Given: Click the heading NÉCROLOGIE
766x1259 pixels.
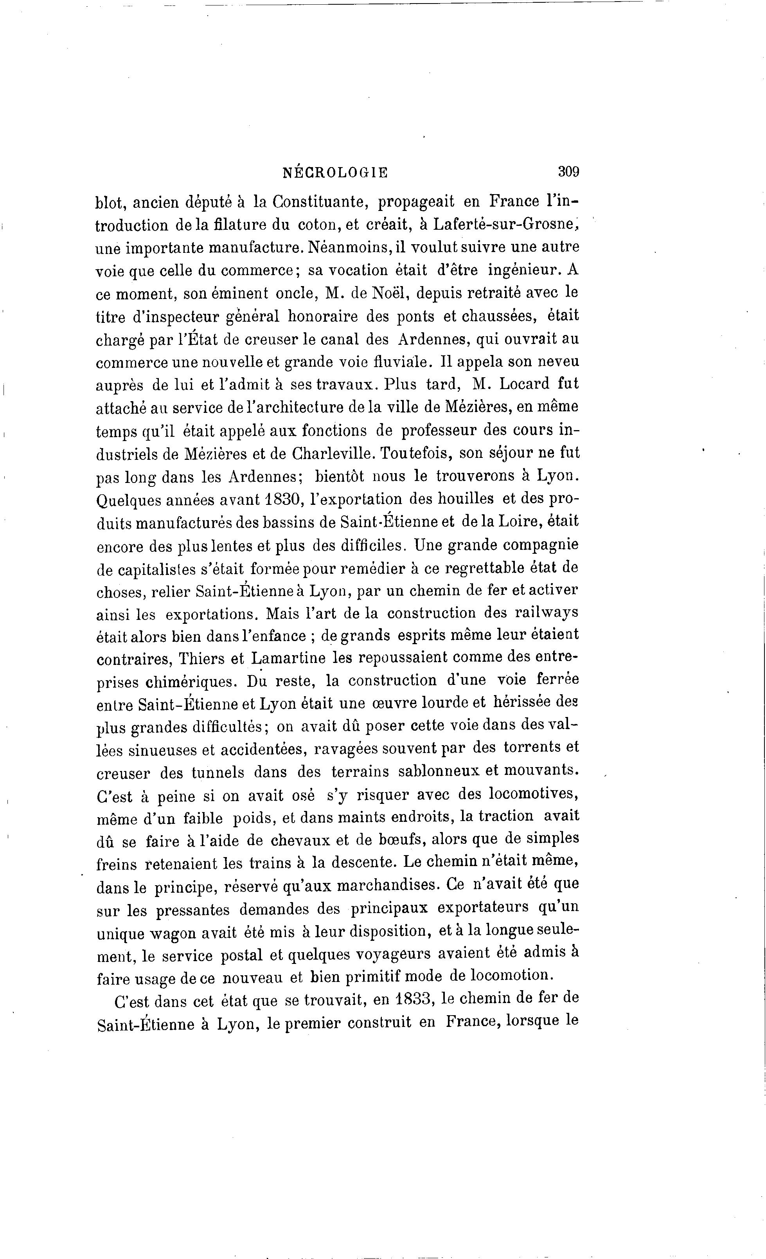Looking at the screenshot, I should click(x=335, y=173).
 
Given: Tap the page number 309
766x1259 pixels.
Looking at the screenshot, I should click(x=568, y=171).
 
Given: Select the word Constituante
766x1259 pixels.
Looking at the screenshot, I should click(x=319, y=202).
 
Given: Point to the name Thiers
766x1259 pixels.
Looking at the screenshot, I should click(x=200, y=659).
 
